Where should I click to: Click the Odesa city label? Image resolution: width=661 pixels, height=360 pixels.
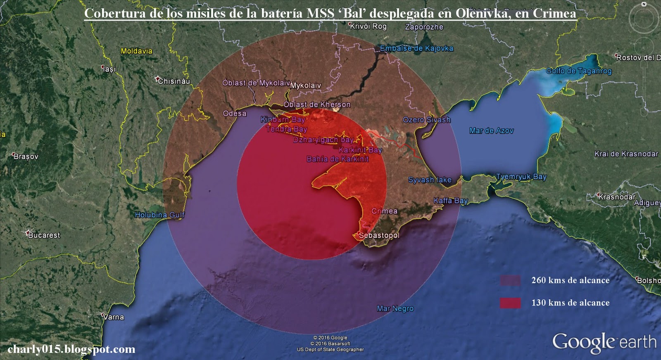click(235, 114)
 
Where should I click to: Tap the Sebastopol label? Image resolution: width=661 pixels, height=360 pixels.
click(379, 235)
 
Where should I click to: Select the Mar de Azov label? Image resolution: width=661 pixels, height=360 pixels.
click(491, 131)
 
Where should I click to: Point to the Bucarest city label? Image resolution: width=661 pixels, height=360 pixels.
click(44, 235)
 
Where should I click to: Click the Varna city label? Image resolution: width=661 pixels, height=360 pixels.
click(114, 317)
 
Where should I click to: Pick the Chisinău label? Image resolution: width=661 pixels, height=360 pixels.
click(174, 81)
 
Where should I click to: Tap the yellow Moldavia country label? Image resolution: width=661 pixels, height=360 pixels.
click(137, 51)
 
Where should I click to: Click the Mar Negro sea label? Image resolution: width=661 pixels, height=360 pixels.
click(395, 308)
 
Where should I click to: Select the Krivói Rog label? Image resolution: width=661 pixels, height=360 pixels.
click(369, 26)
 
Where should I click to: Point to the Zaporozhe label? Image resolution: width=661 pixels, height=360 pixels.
click(424, 27)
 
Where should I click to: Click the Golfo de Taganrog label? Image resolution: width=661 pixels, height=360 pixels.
click(579, 71)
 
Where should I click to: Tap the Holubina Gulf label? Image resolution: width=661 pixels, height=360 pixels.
click(160, 215)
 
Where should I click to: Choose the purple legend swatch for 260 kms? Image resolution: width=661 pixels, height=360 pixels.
click(510, 281)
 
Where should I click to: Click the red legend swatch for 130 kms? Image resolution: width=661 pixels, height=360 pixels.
click(510, 303)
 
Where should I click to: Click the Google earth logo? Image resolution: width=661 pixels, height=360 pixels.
click(604, 343)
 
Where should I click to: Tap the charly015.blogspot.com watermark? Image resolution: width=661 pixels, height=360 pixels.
click(71, 349)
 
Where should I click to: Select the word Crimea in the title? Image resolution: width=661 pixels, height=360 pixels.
click(554, 13)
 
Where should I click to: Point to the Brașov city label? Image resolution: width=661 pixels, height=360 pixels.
click(26, 156)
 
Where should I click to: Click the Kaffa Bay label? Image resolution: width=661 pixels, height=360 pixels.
click(451, 201)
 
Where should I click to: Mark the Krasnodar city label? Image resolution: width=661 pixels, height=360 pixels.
click(617, 197)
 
